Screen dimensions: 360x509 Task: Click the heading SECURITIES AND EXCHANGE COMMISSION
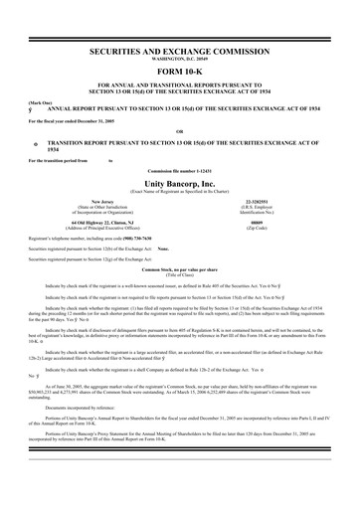coord(179,49)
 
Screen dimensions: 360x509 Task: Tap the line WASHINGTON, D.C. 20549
coord(179,57)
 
